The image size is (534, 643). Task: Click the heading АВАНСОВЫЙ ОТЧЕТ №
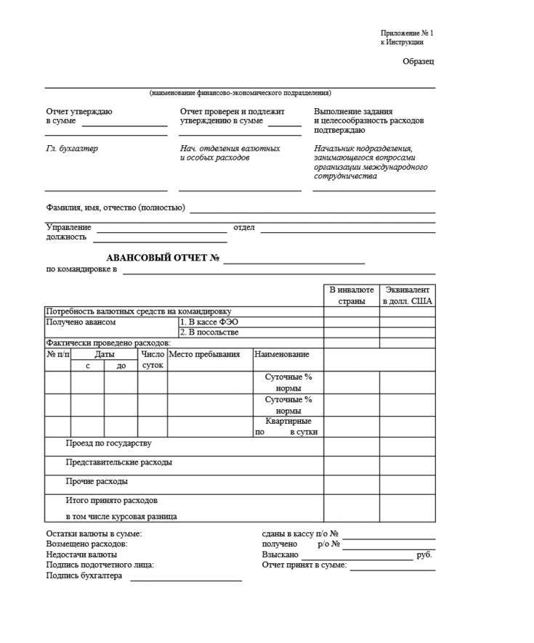click(163, 258)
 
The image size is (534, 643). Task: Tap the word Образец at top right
click(418, 62)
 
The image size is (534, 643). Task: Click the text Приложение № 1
click(406, 33)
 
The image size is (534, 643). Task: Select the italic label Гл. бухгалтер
click(72, 149)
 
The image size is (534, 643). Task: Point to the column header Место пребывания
click(204, 354)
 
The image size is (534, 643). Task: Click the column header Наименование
click(281, 354)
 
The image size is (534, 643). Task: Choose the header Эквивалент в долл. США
click(407, 295)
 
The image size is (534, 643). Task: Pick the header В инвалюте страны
click(351, 295)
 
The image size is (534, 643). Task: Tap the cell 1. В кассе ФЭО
click(209, 321)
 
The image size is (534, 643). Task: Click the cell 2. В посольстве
click(209, 332)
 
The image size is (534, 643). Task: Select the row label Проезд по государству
click(109, 443)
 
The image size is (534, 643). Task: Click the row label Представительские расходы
click(119, 462)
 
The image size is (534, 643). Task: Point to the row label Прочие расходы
click(97, 481)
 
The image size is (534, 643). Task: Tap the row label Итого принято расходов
click(112, 500)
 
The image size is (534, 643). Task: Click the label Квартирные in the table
click(288, 421)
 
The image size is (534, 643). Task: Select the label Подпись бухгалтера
click(84, 576)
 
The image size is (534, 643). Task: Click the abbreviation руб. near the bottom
click(425, 554)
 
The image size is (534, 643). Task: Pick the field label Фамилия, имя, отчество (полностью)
click(116, 208)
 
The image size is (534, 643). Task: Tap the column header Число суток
click(153, 359)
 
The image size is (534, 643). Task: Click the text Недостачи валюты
click(81, 554)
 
